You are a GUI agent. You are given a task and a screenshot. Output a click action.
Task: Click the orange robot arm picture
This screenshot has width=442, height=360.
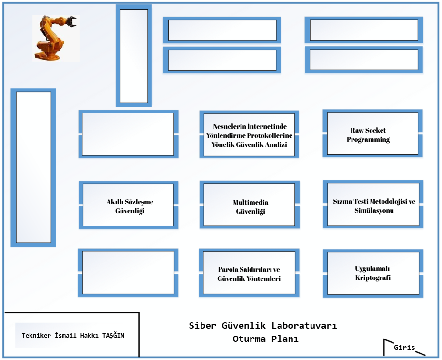pyautogui.click(x=56, y=38)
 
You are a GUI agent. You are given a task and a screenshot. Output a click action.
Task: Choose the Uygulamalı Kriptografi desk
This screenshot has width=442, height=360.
pyautogui.click(x=373, y=273)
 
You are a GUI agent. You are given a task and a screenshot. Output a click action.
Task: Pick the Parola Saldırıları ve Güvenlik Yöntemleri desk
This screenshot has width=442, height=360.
pyautogui.click(x=249, y=273)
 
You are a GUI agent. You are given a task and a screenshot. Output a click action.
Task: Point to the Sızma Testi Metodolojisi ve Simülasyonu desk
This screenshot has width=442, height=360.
pyautogui.click(x=373, y=205)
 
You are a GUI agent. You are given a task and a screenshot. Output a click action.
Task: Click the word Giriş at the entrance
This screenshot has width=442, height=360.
pyautogui.click(x=404, y=347)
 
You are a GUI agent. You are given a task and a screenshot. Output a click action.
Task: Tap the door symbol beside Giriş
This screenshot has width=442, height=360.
pyautogui.click(x=388, y=346)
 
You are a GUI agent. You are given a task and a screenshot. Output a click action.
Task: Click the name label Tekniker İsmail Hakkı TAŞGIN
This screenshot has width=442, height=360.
pyautogui.click(x=73, y=335)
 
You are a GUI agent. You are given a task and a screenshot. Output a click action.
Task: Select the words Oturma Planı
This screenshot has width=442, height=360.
pyautogui.click(x=265, y=339)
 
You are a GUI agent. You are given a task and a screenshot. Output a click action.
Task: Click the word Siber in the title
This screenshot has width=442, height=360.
pyautogui.click(x=203, y=326)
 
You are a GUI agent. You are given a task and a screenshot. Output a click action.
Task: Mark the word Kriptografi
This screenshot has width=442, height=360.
pyautogui.click(x=373, y=278)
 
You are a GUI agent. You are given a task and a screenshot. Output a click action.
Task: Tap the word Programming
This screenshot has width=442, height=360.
pyautogui.click(x=368, y=140)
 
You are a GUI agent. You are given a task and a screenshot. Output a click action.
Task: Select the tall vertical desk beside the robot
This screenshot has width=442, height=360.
pyautogui.click(x=133, y=56)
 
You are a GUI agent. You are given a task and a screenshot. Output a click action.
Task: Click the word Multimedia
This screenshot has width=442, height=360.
pyautogui.click(x=251, y=202)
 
